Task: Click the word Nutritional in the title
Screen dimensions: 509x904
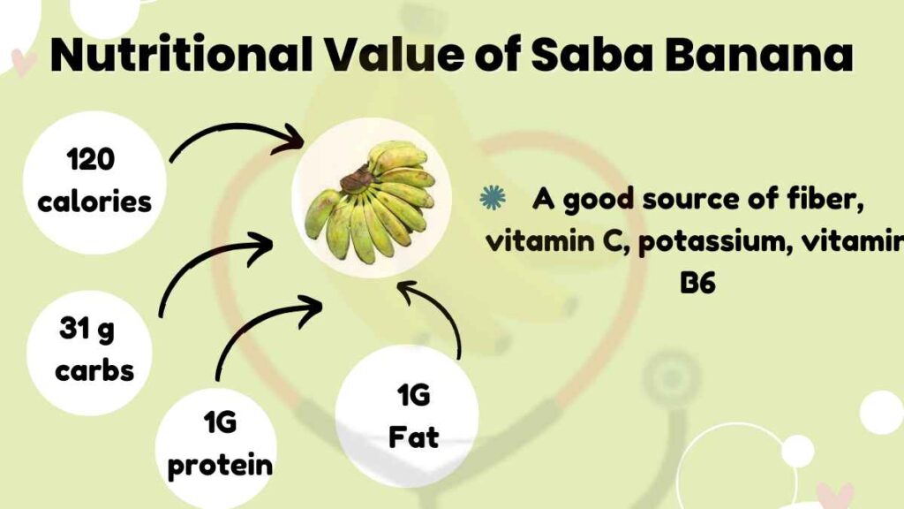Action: coord(177,57)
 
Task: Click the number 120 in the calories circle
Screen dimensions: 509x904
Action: coord(91,161)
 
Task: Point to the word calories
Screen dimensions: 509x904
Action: coord(94,201)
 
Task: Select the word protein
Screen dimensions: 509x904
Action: coord(220,465)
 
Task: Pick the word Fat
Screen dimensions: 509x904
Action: coord(413,437)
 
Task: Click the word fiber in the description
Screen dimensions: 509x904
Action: coord(822,200)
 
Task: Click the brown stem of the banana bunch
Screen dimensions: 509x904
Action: coord(358,180)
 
